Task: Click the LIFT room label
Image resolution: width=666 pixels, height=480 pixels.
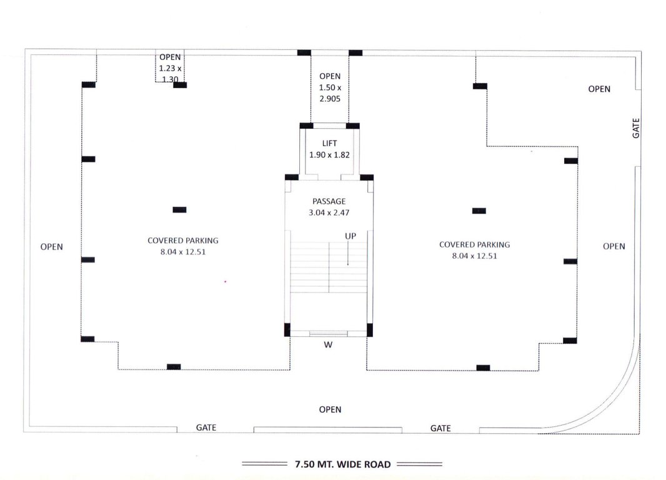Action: [x=329, y=144]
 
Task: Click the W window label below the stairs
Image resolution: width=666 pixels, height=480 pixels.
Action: [x=328, y=344]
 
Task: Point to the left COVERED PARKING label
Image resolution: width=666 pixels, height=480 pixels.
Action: [x=183, y=241]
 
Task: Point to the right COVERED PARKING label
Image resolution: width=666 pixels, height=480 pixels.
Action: [x=474, y=245]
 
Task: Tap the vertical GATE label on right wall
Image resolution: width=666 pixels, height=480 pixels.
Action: [x=636, y=128]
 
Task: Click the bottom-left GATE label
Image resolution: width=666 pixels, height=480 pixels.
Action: [x=206, y=428]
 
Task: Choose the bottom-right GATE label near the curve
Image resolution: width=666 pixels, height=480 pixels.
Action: [x=440, y=429]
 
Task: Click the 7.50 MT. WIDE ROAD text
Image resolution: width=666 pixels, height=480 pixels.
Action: [x=342, y=464]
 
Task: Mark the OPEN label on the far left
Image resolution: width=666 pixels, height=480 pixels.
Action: [x=52, y=247]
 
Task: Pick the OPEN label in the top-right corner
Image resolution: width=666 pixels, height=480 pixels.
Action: [x=599, y=89]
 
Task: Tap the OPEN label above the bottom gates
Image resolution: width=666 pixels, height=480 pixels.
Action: [x=330, y=410]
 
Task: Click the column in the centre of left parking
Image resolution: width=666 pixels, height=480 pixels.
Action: [x=179, y=210]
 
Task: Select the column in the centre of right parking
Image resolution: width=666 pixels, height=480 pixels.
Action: [x=479, y=211]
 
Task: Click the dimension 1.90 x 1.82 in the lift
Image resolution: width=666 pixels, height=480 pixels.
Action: [x=329, y=154]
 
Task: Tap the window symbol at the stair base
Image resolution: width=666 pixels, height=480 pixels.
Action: [x=328, y=334]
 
